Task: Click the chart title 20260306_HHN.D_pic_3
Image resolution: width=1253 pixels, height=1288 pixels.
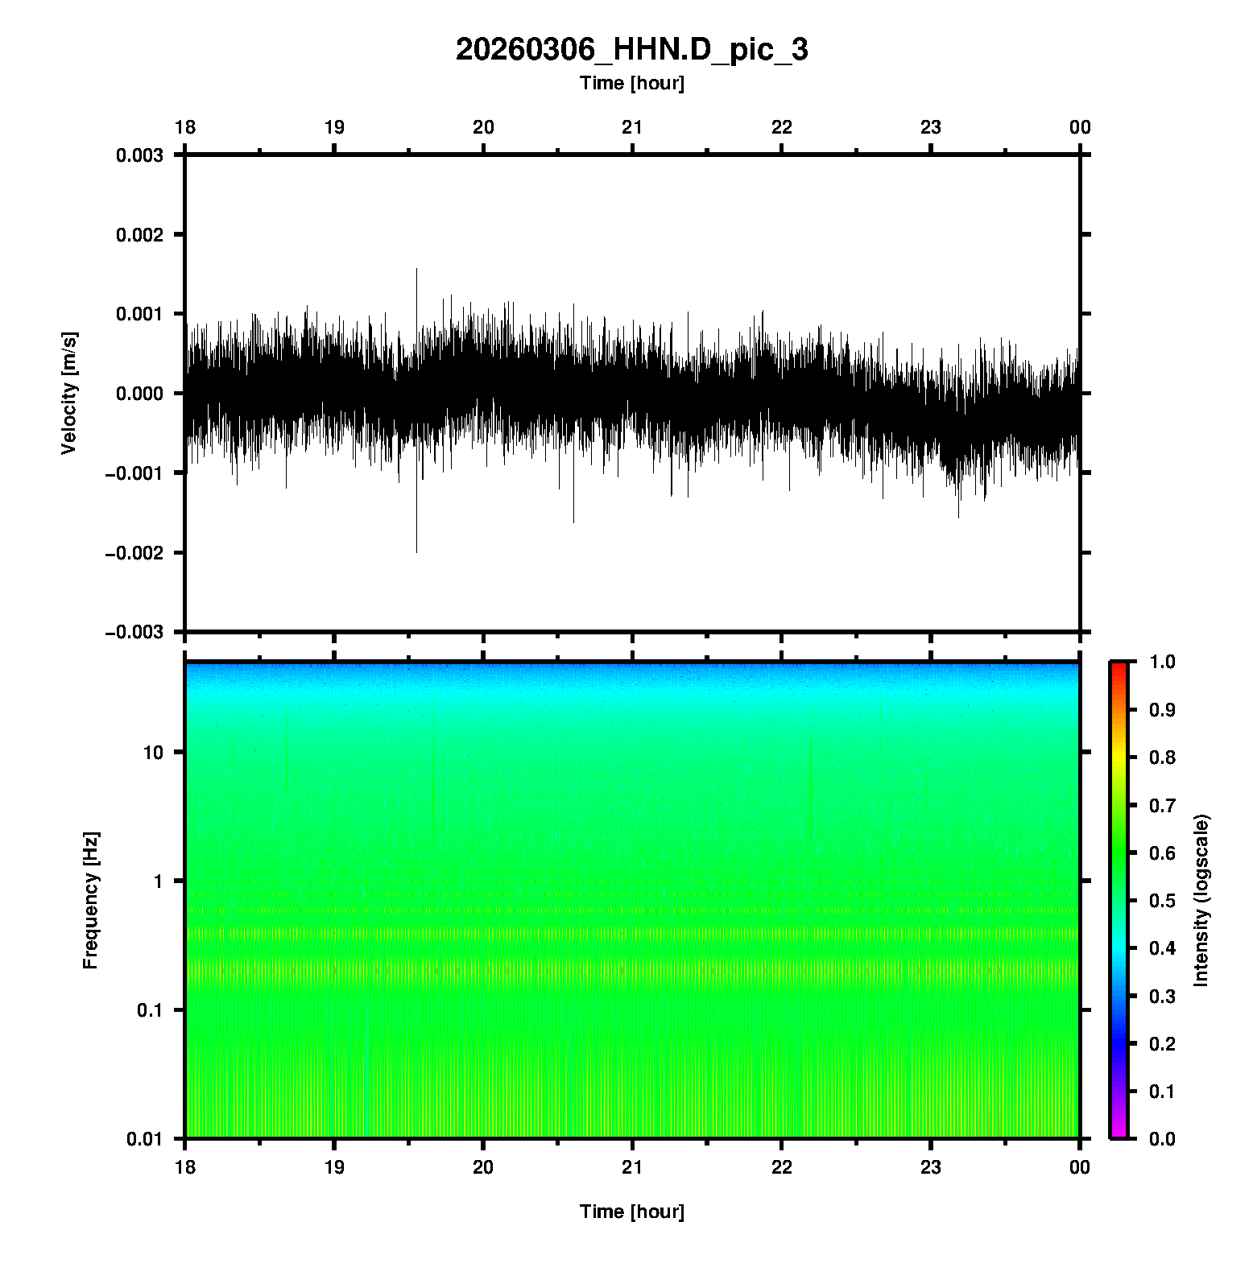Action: (x=631, y=50)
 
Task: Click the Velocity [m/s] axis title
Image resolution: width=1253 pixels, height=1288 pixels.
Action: (x=69, y=393)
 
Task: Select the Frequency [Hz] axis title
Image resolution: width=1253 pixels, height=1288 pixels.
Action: (x=90, y=900)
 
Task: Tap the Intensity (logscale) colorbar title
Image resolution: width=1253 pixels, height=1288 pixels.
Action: (x=1201, y=900)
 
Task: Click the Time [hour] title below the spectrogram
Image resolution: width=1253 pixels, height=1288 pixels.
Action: (x=631, y=1212)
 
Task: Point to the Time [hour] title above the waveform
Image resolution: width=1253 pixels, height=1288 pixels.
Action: (x=631, y=83)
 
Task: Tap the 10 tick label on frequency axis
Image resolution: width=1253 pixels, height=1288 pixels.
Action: (x=153, y=753)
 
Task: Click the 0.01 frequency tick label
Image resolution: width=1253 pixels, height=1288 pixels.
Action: (x=145, y=1138)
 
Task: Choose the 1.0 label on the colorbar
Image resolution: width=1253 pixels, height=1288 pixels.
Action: (x=1162, y=662)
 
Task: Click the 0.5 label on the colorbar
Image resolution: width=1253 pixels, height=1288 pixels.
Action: (x=1162, y=900)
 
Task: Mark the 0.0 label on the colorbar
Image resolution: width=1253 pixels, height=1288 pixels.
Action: (x=1162, y=1138)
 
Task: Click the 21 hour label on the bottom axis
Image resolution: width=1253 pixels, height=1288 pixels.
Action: (x=632, y=1167)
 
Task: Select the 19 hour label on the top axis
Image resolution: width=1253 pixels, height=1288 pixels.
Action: (x=334, y=127)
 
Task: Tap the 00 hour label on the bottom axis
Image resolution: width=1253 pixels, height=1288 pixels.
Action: (x=1079, y=1167)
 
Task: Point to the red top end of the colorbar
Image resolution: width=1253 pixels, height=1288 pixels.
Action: (x=1119, y=665)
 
